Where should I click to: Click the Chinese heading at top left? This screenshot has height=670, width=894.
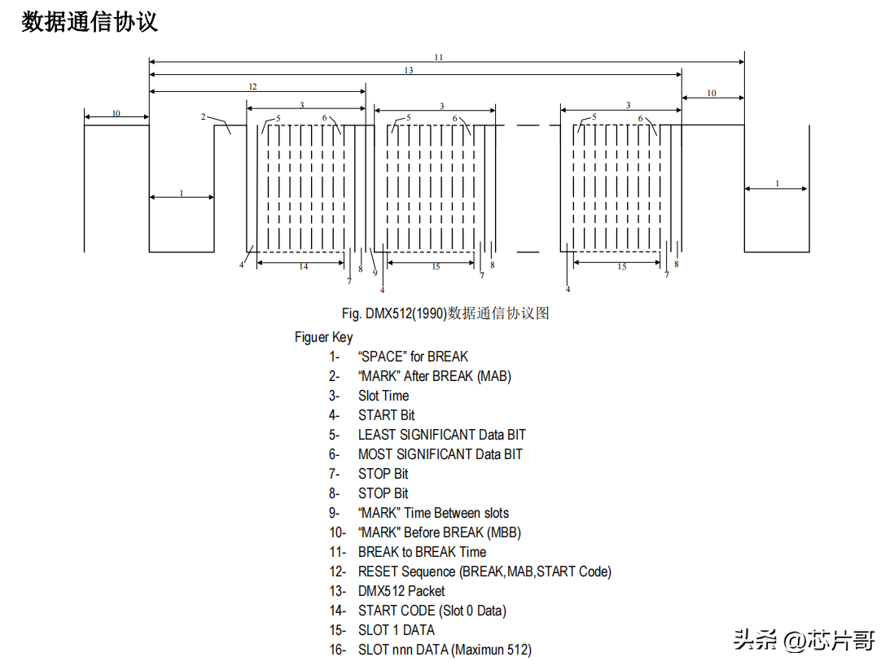coord(90,22)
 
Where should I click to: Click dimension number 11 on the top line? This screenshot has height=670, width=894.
coord(439,57)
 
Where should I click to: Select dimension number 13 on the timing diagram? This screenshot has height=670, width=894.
coord(409,71)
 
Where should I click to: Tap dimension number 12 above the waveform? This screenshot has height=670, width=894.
coord(252,86)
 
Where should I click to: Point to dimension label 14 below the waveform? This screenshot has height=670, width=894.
coord(303,267)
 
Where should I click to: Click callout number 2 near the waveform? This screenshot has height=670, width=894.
coord(204,117)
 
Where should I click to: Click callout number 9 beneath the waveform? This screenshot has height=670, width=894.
coord(375,273)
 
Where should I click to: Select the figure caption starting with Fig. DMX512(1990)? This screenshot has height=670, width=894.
coord(445,313)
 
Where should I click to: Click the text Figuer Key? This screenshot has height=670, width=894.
coord(324,337)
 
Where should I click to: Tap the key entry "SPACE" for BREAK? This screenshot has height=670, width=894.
coord(413,357)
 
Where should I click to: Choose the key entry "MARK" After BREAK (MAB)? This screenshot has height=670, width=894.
coord(434,376)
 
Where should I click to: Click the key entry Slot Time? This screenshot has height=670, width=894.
coord(383,396)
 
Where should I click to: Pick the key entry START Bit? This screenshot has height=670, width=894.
coord(386,415)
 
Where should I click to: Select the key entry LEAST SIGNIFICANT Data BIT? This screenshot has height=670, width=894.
coord(441,435)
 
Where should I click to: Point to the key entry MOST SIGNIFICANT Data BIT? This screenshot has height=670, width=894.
coord(440,454)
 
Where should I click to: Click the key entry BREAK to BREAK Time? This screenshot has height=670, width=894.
coord(422,552)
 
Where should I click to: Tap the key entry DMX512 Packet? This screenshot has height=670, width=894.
coord(401,591)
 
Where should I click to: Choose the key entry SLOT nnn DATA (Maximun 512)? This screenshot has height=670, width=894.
coord(445,650)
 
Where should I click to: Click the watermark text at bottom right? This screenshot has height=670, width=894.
coord(804,640)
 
